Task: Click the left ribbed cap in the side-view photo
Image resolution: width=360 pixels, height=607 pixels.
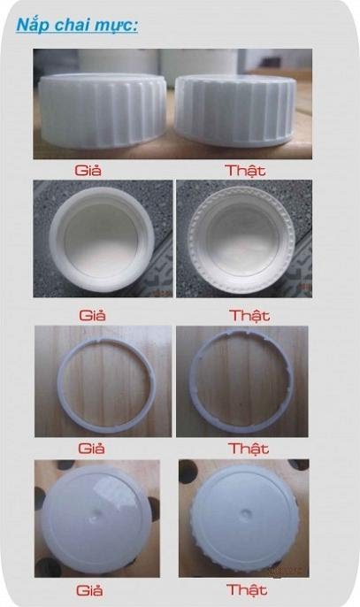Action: click(x=103, y=111)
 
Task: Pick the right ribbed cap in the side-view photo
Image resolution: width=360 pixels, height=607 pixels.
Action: click(x=235, y=111)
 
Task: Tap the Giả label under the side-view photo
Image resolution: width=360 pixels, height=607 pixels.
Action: click(x=88, y=170)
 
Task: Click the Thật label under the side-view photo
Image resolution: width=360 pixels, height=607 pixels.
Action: click(x=245, y=170)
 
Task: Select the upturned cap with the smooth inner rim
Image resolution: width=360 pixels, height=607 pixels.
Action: click(x=102, y=239)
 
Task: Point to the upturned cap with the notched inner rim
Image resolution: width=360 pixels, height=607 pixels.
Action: click(x=241, y=239)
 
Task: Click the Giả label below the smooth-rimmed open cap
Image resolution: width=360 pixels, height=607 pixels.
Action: click(x=92, y=315)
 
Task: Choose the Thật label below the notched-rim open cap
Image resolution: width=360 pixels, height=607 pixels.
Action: click(x=249, y=315)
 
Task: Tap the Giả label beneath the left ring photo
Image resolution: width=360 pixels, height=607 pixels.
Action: click(x=91, y=449)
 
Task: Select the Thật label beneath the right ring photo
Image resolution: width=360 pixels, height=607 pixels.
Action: click(x=249, y=449)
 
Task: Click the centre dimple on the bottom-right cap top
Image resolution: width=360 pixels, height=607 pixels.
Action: click(x=245, y=514)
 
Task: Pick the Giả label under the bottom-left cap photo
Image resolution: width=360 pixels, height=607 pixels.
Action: click(x=90, y=590)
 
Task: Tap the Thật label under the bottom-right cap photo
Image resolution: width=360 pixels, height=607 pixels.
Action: click(x=247, y=589)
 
